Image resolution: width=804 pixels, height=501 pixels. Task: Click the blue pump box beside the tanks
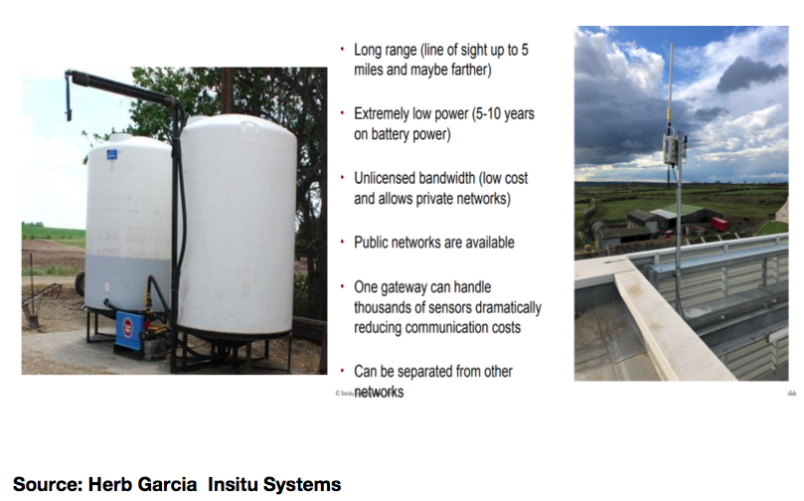[x=129, y=331]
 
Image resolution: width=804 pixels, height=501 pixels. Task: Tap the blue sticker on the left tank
[x=111, y=154]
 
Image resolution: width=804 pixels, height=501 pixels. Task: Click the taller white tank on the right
[x=238, y=226]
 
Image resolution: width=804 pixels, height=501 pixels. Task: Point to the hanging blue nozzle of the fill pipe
[x=69, y=96]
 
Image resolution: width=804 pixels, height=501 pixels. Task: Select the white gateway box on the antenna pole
[x=674, y=149]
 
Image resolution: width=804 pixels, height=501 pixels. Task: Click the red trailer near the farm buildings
[x=720, y=224]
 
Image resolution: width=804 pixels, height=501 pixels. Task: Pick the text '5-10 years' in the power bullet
[x=505, y=114]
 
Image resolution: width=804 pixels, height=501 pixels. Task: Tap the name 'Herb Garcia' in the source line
[x=142, y=484]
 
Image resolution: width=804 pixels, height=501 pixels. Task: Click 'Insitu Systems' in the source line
[x=274, y=484]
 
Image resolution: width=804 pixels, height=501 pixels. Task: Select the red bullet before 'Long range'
[x=342, y=50]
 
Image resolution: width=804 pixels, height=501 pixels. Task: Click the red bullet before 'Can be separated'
[x=342, y=371]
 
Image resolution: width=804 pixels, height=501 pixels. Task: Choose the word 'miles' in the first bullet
[x=368, y=70]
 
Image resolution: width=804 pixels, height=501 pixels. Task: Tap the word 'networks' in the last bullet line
[x=379, y=392]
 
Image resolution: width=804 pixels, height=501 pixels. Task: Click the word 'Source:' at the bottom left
[x=48, y=484]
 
